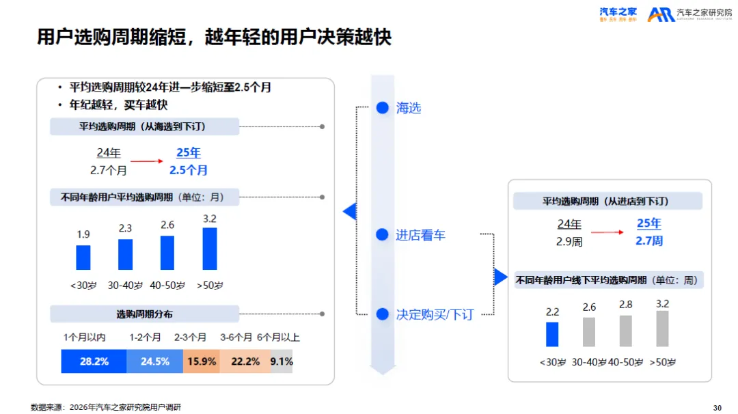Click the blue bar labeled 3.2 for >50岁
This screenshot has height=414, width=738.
210,249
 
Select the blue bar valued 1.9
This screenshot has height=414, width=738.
83,258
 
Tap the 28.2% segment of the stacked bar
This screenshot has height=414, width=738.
94,361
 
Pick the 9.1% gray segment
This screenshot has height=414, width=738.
282,361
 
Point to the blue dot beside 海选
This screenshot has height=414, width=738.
383,107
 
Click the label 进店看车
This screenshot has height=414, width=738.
420,235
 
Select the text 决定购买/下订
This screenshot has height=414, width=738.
435,314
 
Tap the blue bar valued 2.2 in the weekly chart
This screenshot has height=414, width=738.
552,334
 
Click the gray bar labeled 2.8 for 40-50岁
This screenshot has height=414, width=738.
625,331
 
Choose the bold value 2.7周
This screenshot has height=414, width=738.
649,240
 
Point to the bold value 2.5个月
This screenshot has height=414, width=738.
189,169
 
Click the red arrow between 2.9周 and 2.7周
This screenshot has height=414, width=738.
607,233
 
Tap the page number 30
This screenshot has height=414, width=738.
717,408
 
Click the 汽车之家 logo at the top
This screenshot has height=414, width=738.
618,14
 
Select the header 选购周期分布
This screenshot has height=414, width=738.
144,314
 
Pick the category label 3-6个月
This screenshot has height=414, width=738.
236,337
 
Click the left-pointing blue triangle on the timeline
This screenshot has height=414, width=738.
349,212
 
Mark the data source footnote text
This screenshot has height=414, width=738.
106,407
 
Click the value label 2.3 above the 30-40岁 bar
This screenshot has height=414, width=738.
125,228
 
